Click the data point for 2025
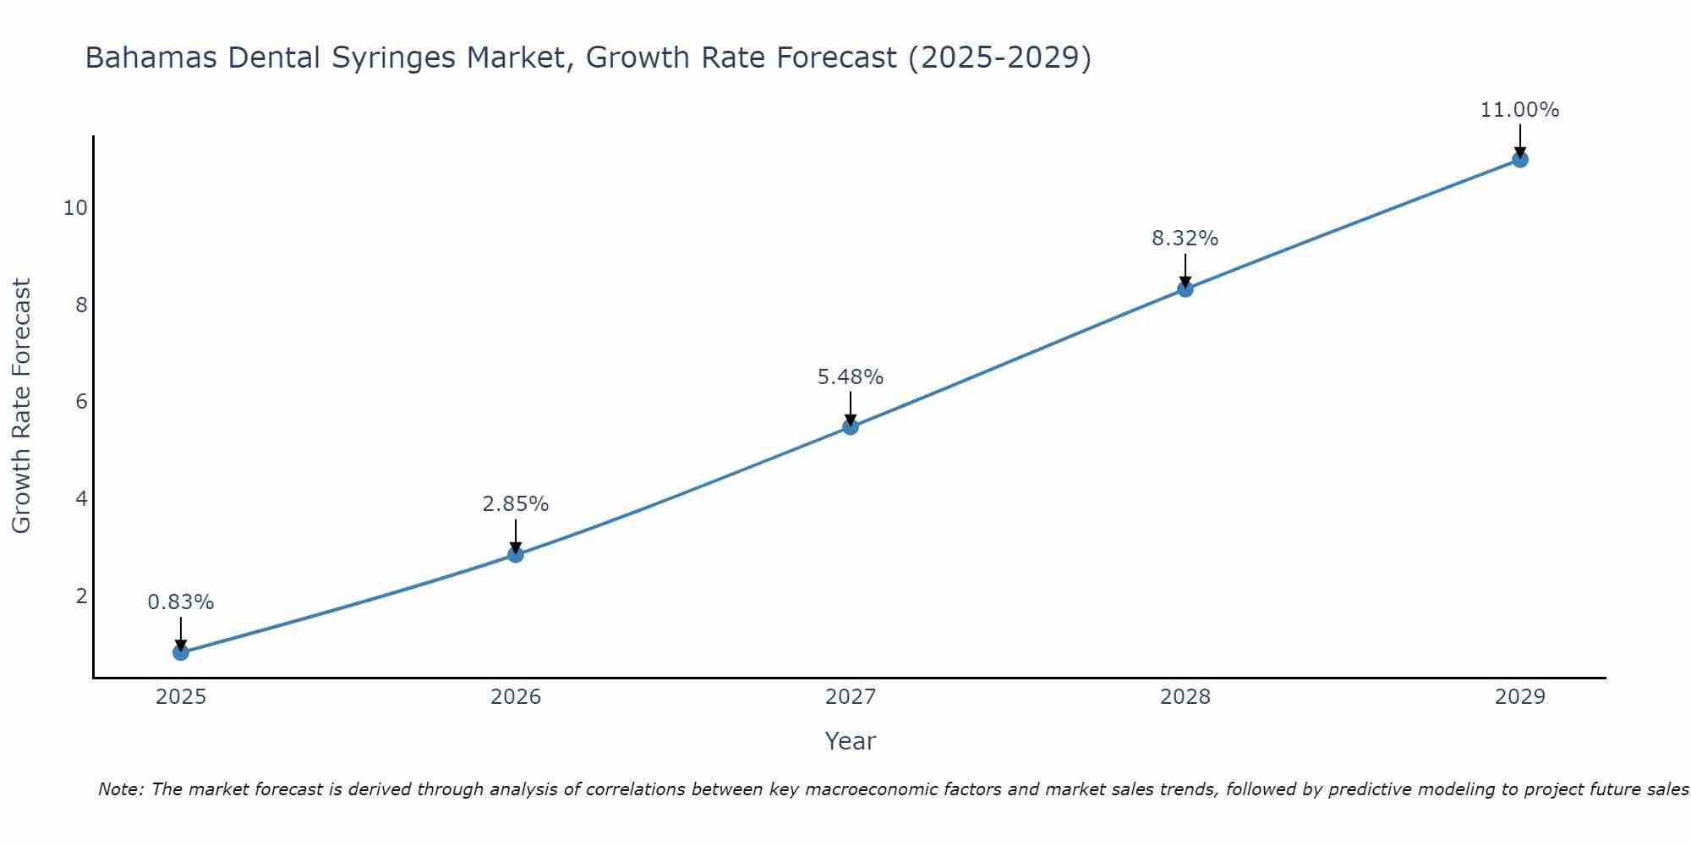point(180,652)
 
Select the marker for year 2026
point(516,555)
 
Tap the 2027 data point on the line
point(851,427)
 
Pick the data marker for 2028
point(1185,289)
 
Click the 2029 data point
point(1519,159)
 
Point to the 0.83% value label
point(180,602)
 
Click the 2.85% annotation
point(516,504)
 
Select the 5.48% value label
point(851,377)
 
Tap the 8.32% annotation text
point(1185,239)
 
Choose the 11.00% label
point(1519,110)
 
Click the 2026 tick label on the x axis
point(516,697)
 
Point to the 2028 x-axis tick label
point(1185,697)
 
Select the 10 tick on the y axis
point(75,208)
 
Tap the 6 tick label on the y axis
point(81,402)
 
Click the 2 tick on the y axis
point(81,596)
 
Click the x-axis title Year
point(850,741)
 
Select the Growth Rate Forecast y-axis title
point(21,406)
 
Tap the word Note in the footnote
point(120,789)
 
